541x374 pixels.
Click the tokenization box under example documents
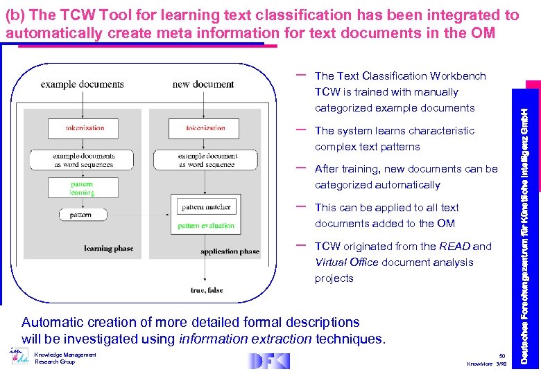point(84,128)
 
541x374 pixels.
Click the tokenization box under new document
point(205,128)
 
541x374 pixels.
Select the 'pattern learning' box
point(83,188)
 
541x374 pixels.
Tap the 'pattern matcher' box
point(206,207)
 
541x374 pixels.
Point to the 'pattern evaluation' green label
point(206,226)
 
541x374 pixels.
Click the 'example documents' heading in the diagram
point(82,84)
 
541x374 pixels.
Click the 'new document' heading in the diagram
point(203,84)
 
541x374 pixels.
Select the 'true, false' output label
point(206,290)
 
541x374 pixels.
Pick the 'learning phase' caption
point(108,248)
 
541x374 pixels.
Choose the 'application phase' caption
point(230,251)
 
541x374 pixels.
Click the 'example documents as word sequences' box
point(83,160)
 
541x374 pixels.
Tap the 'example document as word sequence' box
point(205,160)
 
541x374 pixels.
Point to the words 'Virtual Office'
point(346,262)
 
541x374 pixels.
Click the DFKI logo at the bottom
point(268,361)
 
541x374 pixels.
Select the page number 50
point(502,355)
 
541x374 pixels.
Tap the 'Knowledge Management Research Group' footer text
point(65,358)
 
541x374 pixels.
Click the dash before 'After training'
point(302,168)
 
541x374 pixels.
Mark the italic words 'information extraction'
point(245,339)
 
